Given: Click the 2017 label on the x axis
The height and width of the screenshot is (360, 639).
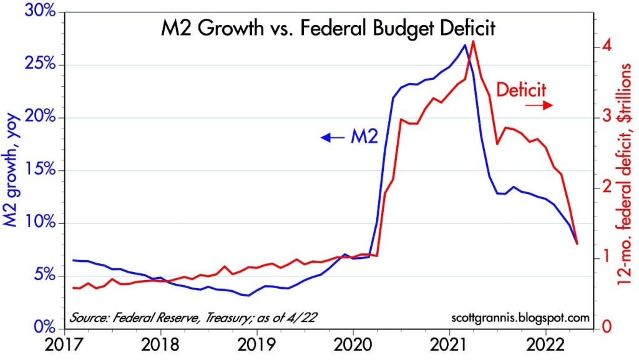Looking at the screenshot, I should pos(64,345).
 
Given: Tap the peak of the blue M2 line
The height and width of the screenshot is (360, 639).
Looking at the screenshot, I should pos(464,45).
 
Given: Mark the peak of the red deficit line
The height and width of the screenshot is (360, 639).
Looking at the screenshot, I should pos(474,41).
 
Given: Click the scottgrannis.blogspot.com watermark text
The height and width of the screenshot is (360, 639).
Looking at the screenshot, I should pos(520,318).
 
